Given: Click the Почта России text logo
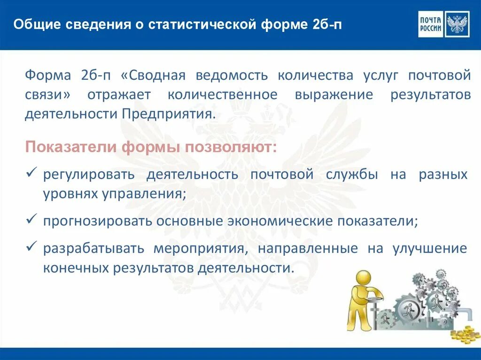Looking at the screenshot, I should pos(430,24).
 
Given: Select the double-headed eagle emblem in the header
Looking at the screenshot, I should pos(457,24).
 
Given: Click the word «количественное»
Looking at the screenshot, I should pos(222,94).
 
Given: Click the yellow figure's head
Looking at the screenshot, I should pos(363,279).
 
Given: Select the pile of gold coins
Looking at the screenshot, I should pos(465,334).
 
